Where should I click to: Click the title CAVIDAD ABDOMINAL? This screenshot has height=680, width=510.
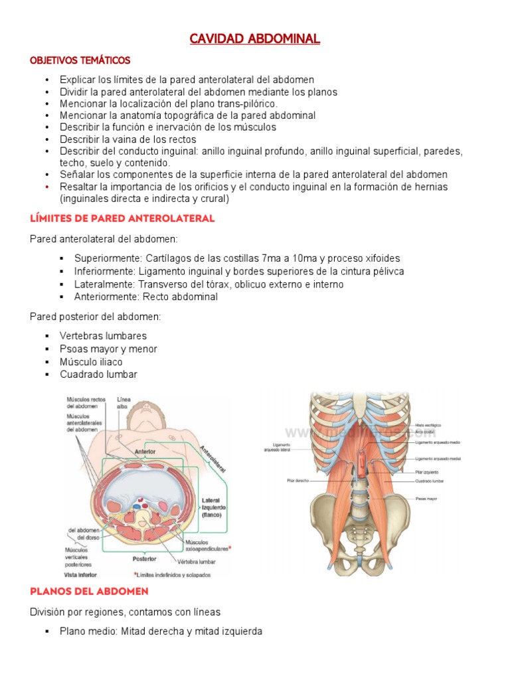pyautogui.click(x=254, y=39)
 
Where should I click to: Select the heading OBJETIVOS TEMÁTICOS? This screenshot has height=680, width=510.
pyautogui.click(x=80, y=60)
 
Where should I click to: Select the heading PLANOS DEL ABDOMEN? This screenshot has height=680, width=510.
pyautogui.click(x=89, y=590)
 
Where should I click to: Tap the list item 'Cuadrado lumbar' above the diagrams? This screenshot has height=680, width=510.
pyautogui.click(x=98, y=375)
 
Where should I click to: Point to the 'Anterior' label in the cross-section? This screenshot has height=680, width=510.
pyautogui.click(x=145, y=451)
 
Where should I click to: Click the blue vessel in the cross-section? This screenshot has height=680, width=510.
pyautogui.click(x=136, y=505)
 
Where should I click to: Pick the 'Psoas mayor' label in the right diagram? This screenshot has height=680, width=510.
pyautogui.click(x=426, y=497)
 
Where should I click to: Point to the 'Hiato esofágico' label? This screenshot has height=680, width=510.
pyautogui.click(x=428, y=424)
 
